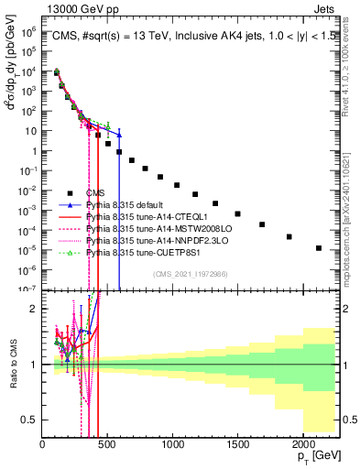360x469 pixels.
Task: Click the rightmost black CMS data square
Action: click(x=319, y=248)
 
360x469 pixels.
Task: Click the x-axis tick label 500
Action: click(x=107, y=445)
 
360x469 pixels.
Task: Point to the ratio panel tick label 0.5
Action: click(x=30, y=420)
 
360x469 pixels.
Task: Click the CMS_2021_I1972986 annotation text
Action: click(x=189, y=274)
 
